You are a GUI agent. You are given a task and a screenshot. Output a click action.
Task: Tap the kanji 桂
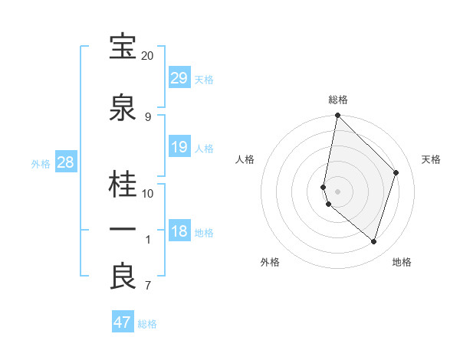pos(123,185)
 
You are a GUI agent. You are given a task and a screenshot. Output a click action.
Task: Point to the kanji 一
pos(123,229)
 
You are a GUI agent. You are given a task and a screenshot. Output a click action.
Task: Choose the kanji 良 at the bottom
pos(123,277)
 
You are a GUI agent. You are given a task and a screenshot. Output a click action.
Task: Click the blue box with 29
pos(179,78)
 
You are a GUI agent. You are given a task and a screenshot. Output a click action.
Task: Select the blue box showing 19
pos(179,147)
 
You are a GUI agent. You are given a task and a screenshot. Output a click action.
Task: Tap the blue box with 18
pos(179,231)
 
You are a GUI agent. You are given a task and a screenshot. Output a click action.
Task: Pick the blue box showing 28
pos(65,162)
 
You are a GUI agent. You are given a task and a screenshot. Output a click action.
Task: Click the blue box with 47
pos(123,322)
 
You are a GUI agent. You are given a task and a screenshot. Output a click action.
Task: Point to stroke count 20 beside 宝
pos(147,56)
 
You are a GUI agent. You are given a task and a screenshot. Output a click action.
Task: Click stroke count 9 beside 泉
pos(148,117)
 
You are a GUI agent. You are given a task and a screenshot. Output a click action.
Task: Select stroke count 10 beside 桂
pos(148,193)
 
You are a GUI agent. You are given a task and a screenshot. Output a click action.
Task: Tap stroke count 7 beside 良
pos(148,286)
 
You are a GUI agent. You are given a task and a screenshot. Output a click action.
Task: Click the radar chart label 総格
pos(338,100)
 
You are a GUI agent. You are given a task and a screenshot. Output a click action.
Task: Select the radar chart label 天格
pos(432,159)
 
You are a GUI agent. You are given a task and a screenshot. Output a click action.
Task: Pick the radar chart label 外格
pos(270,263)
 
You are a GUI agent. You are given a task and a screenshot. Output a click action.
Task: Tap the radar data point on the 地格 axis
pos(373,241)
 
